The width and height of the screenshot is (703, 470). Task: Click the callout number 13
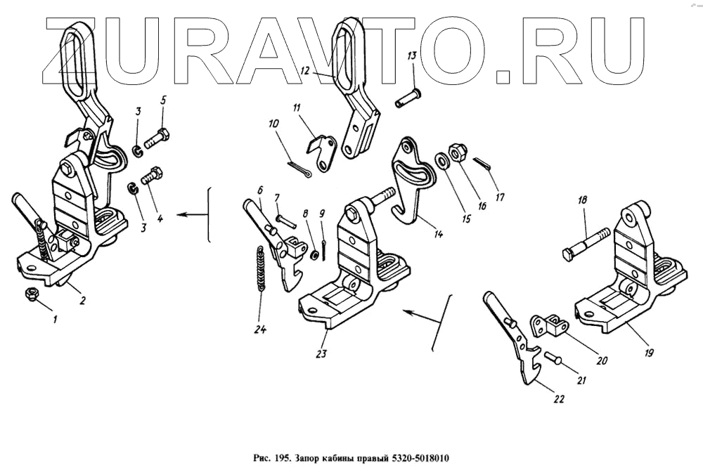click(412, 56)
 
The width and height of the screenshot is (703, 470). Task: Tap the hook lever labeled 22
click(520, 344)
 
